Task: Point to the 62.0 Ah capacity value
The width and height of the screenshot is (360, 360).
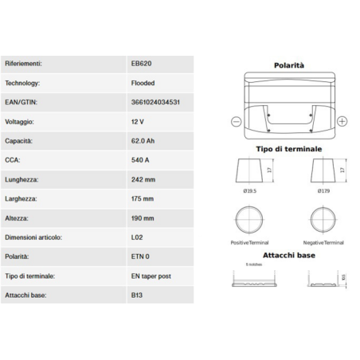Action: [144, 140]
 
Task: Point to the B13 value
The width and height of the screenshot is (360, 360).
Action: [138, 295]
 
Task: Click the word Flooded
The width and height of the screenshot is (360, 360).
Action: [143, 82]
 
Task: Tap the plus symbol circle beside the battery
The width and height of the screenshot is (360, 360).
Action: [342, 121]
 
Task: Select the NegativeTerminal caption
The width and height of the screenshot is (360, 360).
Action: [324, 241]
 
